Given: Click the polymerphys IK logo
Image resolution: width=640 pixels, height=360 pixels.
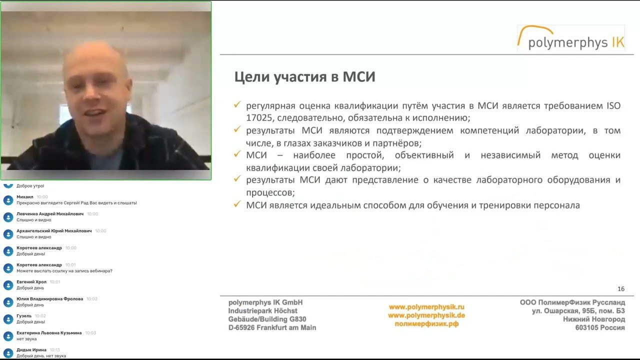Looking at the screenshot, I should pos(571,39).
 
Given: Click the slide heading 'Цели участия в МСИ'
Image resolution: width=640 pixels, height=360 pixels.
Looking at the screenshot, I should pos(304,77).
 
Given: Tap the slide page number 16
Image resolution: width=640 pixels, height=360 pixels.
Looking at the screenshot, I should pos(621,289).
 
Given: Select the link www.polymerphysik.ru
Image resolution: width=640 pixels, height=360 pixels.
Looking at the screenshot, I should pos(426,306).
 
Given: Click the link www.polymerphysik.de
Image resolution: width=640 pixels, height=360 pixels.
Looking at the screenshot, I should pos(426,315).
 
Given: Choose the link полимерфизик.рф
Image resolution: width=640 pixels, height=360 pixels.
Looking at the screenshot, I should pos(426,323).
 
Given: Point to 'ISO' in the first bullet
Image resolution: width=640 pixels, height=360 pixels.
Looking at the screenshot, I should pos(613,106).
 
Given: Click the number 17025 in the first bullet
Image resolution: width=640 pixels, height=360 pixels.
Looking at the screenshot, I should pos(259,118).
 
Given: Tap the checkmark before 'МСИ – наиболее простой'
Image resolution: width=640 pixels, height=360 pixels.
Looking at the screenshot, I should pos(237,154).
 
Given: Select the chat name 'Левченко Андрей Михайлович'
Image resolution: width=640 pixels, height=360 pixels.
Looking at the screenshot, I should pos(50,214).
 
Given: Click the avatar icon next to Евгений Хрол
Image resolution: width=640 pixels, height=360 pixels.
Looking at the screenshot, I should pos(8,285).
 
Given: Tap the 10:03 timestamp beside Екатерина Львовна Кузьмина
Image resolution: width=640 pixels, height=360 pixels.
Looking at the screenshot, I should pos(90,333).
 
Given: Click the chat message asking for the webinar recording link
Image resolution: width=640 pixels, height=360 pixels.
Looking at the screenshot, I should pos(64,271).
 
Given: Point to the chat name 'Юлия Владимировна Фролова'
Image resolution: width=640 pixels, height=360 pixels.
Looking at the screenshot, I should pos(49,299).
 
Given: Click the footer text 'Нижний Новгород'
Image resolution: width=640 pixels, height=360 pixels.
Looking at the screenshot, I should pos(593,319).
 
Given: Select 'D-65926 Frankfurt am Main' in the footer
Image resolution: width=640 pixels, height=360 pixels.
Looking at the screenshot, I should pos(272,327).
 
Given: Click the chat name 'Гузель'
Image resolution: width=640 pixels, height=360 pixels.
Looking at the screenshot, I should pos(24,316).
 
